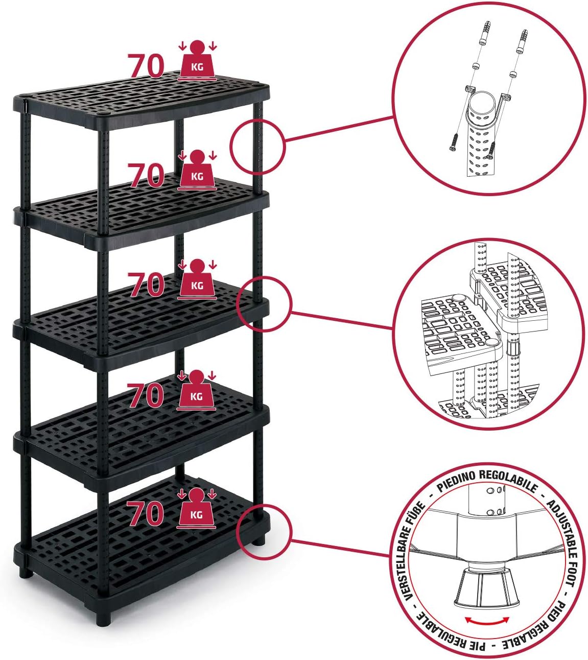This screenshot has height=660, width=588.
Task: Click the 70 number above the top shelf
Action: point(146,66)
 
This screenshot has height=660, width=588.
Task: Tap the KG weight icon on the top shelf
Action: point(197,60)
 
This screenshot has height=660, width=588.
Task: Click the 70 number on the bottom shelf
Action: point(145,513)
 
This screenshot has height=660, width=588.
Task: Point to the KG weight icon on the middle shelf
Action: point(197,279)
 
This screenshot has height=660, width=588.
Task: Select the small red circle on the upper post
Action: point(257,147)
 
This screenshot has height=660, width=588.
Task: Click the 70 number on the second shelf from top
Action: point(146,175)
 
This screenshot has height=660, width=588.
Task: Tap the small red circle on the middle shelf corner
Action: point(264,304)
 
